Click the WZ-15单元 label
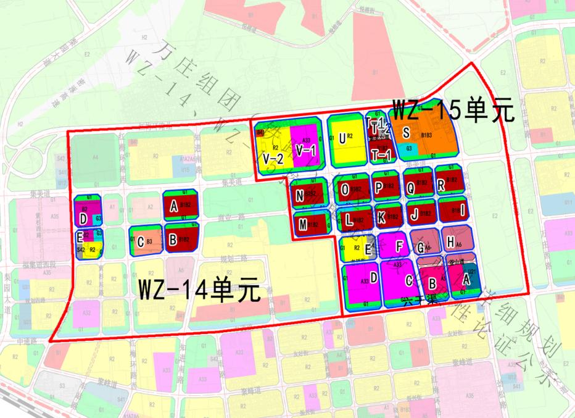452,111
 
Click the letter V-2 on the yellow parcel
273,159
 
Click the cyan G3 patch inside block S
410,148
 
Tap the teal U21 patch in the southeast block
472,272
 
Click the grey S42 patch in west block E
81,249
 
